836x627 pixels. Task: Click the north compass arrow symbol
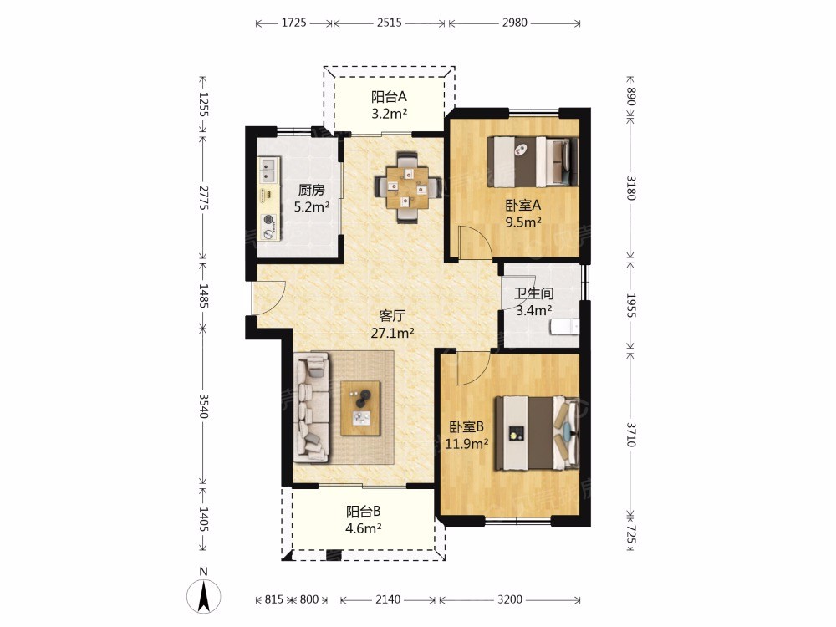[203, 595]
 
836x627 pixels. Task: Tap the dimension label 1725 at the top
[293, 23]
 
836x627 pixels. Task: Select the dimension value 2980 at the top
[514, 23]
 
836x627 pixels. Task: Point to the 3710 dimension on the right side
[630, 435]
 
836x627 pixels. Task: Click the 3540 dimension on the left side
[203, 405]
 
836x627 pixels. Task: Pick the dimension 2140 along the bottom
[388, 599]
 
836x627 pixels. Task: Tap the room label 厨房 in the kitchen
[311, 190]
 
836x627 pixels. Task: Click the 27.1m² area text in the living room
[392, 334]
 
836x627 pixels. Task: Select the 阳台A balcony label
[389, 96]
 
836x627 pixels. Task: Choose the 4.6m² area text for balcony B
[363, 528]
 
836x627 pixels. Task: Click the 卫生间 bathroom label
[533, 293]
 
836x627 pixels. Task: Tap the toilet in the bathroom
[565, 326]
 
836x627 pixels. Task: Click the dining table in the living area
[407, 187]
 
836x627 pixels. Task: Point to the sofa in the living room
[311, 409]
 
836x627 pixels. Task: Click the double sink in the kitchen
[270, 170]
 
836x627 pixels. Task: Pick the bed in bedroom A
[533, 162]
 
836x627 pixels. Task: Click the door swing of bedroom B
[473, 368]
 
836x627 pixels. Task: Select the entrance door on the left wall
[269, 298]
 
